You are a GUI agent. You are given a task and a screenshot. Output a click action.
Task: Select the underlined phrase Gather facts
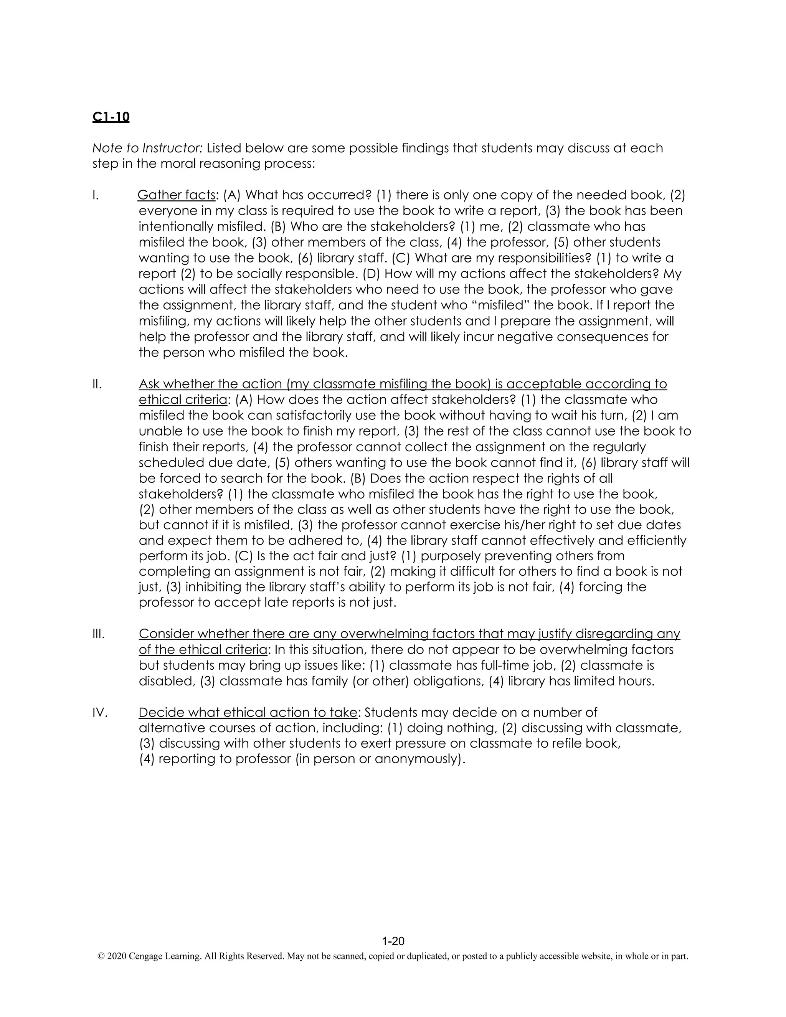coord(177,195)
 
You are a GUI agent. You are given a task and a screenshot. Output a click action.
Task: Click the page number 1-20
coord(393,941)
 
